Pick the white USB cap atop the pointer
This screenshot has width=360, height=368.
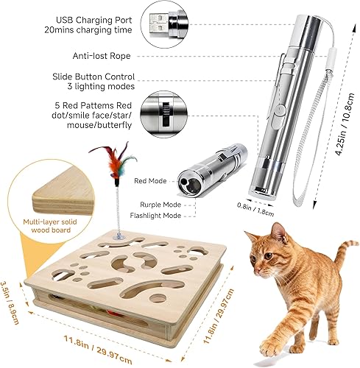[310, 15]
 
